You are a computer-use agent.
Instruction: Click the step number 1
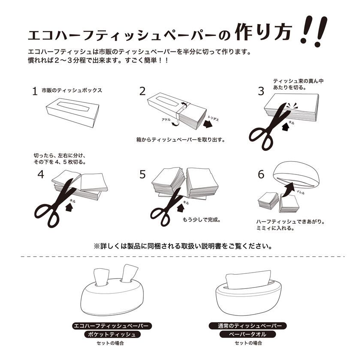pos(35,91)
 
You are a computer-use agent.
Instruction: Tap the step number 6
pos(261,174)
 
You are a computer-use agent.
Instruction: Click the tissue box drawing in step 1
pos(72,113)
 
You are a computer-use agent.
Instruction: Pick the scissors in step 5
pos(165,207)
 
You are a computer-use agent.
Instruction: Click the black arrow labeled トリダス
pos(208,124)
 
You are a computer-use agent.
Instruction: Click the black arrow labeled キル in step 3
pos(286,126)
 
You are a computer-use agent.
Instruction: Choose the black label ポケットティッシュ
pos(112,334)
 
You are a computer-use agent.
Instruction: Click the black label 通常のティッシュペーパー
pos(248,326)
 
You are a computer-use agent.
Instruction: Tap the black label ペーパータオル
pos(248,334)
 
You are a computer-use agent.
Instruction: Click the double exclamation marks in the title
pos(314,31)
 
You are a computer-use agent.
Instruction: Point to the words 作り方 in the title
pos(263,32)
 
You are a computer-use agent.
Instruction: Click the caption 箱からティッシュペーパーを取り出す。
pos(181,140)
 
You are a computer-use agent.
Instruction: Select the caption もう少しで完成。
pos(202,219)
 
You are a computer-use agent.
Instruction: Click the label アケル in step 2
pos(166,120)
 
